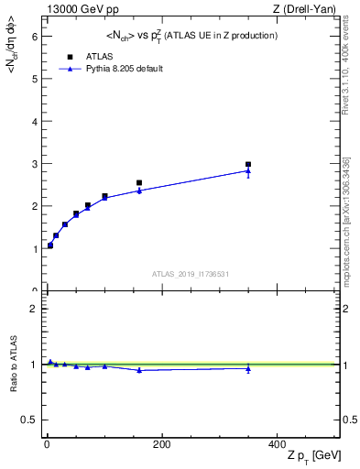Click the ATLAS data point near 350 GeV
click(248, 165)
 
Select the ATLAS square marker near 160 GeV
click(139, 183)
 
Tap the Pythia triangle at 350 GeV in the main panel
click(248, 170)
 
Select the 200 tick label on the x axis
click(162, 444)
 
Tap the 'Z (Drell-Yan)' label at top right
click(309, 9)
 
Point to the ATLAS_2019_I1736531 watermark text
click(190, 274)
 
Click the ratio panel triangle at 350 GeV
click(248, 368)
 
